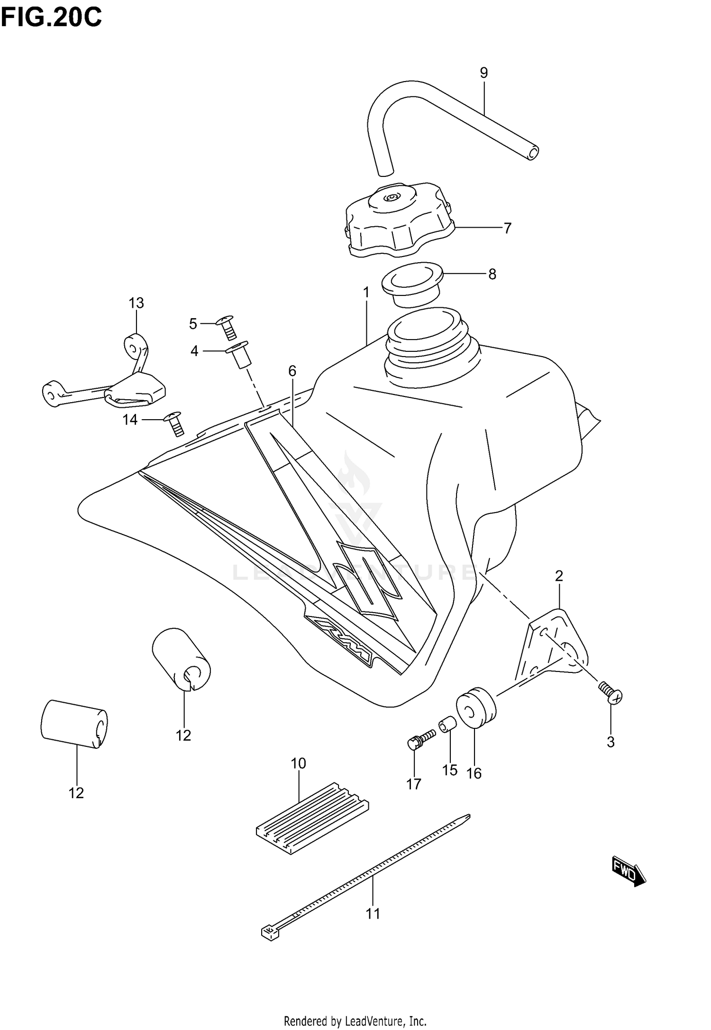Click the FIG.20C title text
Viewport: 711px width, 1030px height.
tap(51, 18)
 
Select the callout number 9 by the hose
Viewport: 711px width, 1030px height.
tap(483, 73)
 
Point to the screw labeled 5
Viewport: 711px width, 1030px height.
tap(227, 327)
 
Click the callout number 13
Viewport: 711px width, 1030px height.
tap(136, 303)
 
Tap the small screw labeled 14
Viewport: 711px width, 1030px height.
tap(174, 423)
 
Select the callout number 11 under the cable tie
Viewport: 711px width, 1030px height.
tap(373, 913)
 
